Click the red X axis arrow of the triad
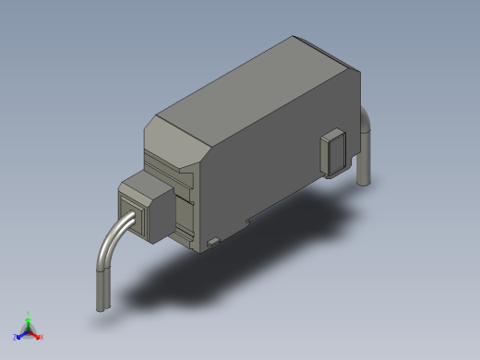tap(36, 334)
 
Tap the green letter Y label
tap(29, 313)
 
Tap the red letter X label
tap(42, 337)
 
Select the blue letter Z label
tap(16, 337)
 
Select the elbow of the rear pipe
tap(366, 121)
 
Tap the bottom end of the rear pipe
tap(364, 179)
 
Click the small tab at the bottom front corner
tap(213, 243)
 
